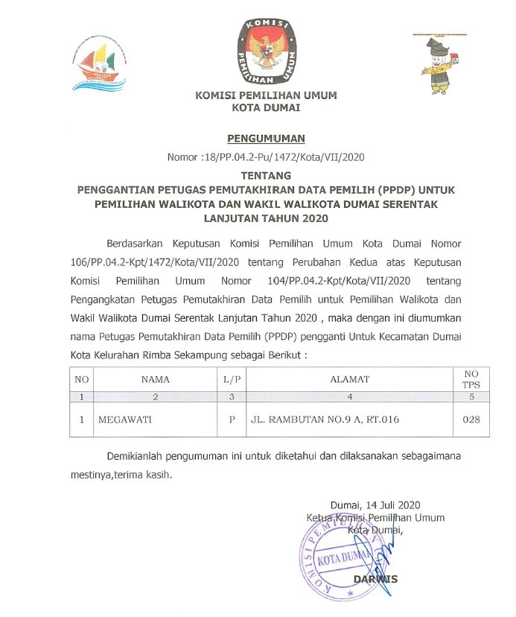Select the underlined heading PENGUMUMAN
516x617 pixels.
click(266, 139)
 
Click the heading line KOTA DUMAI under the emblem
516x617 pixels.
click(266, 108)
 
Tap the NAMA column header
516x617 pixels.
click(155, 379)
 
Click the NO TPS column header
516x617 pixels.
click(471, 379)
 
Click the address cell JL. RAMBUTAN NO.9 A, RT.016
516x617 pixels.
click(324, 420)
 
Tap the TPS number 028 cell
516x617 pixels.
click(471, 420)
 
